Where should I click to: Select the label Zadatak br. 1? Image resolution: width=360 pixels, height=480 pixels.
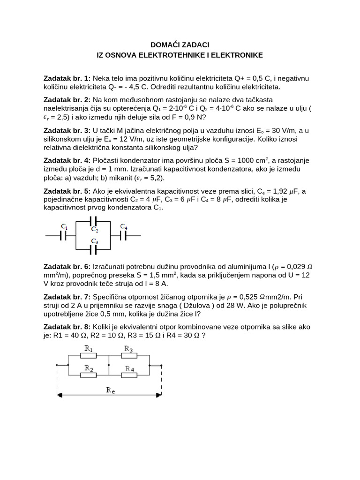coord(67,77)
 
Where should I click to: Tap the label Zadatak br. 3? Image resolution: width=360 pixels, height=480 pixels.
coord(67,130)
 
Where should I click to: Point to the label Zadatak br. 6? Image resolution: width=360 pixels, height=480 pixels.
coord(67,266)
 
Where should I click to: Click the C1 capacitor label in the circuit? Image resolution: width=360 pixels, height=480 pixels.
coord(64,227)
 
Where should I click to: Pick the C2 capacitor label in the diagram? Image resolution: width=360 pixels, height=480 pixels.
coord(95,230)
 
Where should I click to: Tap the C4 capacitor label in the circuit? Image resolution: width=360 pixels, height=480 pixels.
coord(123,227)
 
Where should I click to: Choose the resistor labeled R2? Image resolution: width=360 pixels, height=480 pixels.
coord(88,375)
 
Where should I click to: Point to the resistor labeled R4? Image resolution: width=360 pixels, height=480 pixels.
coord(129,375)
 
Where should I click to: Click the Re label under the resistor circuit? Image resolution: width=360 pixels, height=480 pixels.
coord(110,389)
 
